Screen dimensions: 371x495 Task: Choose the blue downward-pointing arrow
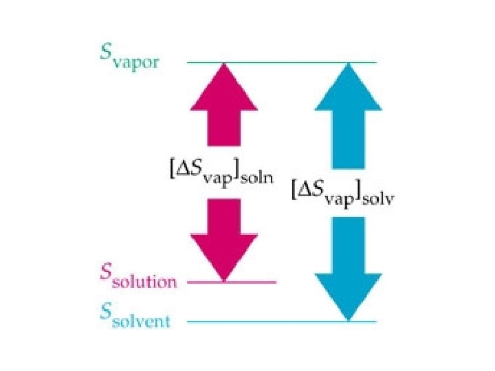tap(348, 268)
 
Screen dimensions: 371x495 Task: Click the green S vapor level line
tap(282, 63)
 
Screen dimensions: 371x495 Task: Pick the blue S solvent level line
tap(282, 321)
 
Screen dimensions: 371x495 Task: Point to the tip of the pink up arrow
tap(223, 64)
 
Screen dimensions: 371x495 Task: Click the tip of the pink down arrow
tap(223, 280)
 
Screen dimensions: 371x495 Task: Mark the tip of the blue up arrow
tap(348, 64)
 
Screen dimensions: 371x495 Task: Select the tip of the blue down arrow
tap(348, 319)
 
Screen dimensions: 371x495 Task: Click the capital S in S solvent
tap(104, 313)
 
